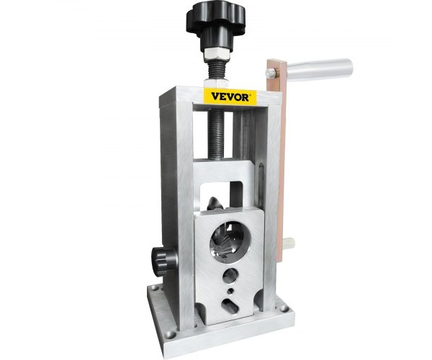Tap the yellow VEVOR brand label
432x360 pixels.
230,96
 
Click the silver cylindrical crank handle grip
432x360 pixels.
320,69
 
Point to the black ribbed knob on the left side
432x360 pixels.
163,261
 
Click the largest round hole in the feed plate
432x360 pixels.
230,241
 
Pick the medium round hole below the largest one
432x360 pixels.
231,276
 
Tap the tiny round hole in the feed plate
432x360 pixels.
231,291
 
